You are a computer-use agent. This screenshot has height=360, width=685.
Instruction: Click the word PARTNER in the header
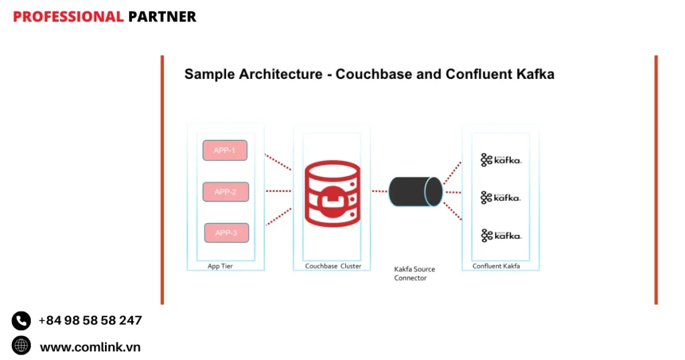[x=162, y=17]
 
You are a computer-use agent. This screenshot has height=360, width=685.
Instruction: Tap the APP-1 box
[x=225, y=151]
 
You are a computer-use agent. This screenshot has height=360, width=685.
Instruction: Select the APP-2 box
[x=225, y=192]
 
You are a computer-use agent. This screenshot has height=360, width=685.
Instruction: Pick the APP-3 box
[x=226, y=233]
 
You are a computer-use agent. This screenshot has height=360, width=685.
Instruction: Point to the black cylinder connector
[x=415, y=191]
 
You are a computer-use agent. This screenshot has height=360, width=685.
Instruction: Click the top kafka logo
[x=500, y=160]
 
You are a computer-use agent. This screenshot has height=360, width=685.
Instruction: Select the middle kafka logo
[x=500, y=197]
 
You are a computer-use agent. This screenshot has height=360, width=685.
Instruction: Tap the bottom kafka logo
[x=500, y=236]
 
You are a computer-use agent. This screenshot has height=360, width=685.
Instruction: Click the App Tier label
[x=220, y=266]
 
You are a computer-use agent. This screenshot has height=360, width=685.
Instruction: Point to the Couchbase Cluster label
[x=333, y=266]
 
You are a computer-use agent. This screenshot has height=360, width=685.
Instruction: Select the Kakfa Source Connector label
[x=414, y=274]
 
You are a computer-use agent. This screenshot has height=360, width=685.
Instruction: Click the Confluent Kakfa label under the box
[x=496, y=266]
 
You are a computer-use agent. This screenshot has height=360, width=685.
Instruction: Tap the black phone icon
[x=21, y=321]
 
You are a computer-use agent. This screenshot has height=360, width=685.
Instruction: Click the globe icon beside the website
[x=21, y=345]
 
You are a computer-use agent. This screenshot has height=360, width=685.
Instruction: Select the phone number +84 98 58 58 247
[x=90, y=321]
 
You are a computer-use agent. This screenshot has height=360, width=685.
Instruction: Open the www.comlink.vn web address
[x=90, y=347]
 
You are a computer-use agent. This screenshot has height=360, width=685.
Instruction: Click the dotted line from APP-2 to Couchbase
[x=278, y=191]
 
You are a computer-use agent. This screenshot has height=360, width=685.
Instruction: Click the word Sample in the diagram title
[x=208, y=74]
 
